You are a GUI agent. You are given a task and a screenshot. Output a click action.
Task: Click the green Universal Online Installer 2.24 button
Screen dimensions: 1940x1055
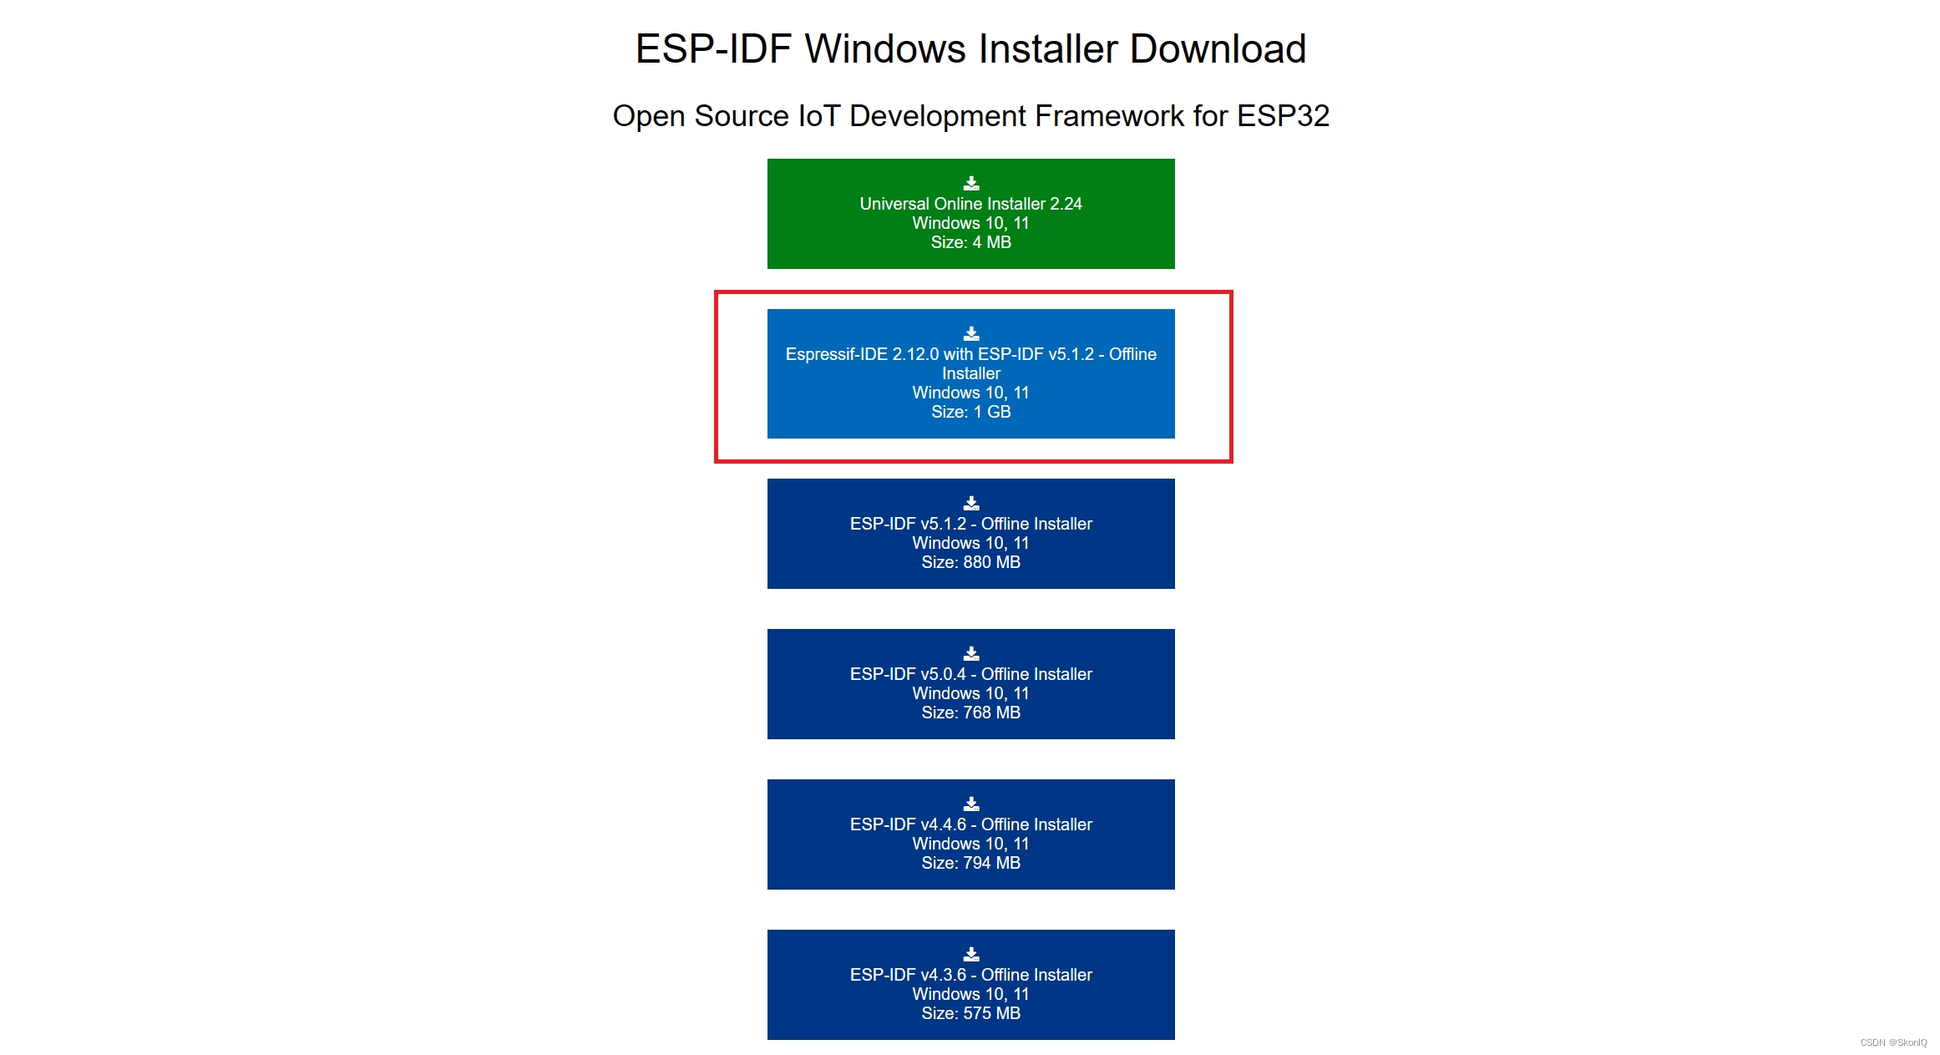pyautogui.click(x=970, y=214)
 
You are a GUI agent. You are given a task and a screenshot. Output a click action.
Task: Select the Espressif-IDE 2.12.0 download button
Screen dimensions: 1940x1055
pyautogui.click(x=970, y=373)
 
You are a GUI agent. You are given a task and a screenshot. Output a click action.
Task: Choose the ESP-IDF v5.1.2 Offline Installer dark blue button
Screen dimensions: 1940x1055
pyautogui.click(x=970, y=534)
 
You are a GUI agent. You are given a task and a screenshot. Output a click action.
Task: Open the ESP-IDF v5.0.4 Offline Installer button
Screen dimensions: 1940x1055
pyautogui.click(x=970, y=684)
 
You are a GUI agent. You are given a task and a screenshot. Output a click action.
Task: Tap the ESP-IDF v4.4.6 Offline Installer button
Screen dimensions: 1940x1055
pyautogui.click(x=970, y=834)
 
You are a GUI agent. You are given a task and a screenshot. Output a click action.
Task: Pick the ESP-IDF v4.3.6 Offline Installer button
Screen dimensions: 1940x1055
pyautogui.click(x=970, y=985)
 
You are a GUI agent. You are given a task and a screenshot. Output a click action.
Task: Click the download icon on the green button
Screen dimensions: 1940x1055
pyautogui.click(x=971, y=183)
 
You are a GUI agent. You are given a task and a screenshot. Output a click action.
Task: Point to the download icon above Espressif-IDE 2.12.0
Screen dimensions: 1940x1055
pyautogui.click(x=971, y=333)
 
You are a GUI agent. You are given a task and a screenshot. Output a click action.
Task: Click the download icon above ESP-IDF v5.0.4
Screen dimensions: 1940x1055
pyautogui.click(x=971, y=653)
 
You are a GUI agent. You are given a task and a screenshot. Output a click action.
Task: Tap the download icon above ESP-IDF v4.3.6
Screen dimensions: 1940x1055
pyautogui.click(x=971, y=954)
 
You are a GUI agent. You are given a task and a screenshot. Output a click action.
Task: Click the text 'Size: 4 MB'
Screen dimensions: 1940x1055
pyautogui.click(x=970, y=242)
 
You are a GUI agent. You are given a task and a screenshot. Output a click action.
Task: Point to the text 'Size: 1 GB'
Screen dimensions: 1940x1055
pyautogui.click(x=970, y=412)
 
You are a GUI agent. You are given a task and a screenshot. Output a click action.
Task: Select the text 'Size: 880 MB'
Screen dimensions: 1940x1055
pyautogui.click(x=970, y=562)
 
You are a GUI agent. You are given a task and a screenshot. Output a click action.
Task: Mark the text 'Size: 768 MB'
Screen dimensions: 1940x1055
pyautogui.click(x=970, y=713)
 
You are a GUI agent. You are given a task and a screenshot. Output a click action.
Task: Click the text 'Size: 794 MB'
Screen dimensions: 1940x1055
pyautogui.click(x=970, y=863)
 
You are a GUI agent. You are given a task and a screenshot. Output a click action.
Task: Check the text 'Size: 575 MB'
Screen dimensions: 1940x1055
pyautogui.click(x=970, y=1013)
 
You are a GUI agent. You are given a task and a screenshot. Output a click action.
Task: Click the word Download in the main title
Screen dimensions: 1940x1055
pyautogui.click(x=1218, y=48)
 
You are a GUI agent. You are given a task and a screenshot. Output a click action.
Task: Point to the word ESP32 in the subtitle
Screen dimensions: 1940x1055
pyautogui.click(x=1283, y=116)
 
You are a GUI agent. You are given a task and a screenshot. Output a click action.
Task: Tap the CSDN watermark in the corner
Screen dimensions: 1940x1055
pyautogui.click(x=1893, y=1042)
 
